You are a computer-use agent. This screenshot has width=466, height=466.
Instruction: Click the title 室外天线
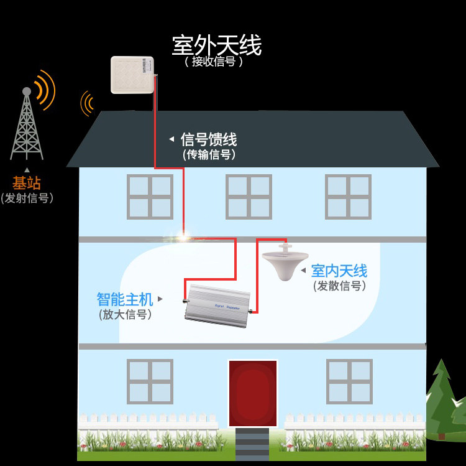pyautogui.click(x=216, y=45)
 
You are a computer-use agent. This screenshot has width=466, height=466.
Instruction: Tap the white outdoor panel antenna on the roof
pyautogui.click(x=132, y=75)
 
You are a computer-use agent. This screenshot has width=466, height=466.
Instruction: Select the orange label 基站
pyautogui.click(x=27, y=183)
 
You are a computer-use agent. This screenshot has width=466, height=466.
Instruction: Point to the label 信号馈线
pyautogui.click(x=208, y=139)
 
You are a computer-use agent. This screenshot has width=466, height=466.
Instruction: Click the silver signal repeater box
pyautogui.click(x=217, y=305)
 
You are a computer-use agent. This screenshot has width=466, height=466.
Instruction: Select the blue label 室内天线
pyautogui.click(x=339, y=271)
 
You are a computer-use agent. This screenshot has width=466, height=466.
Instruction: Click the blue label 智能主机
pyautogui.click(x=124, y=299)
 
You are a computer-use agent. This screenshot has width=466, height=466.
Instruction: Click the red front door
pyautogui.click(x=252, y=393)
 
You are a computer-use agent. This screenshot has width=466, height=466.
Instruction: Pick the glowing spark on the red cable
pyautogui.click(x=183, y=236)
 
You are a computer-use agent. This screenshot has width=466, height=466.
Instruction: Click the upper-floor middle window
pyautogui.click(x=249, y=197)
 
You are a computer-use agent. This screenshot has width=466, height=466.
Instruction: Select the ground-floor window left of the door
pyautogui.click(x=150, y=381)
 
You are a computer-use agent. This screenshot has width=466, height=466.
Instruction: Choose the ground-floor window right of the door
pyautogui.click(x=349, y=381)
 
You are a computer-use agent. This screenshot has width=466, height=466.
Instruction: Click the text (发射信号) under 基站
pyautogui.click(x=27, y=198)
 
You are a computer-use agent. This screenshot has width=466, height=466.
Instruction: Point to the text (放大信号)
pyautogui.click(x=125, y=315)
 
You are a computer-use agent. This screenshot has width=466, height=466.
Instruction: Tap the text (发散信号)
pyautogui.click(x=339, y=286)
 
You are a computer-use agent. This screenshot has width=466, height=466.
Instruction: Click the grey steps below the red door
pyautogui.click(x=252, y=444)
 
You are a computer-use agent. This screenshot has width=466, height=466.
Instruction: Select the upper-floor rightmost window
pyautogui.click(x=348, y=197)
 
